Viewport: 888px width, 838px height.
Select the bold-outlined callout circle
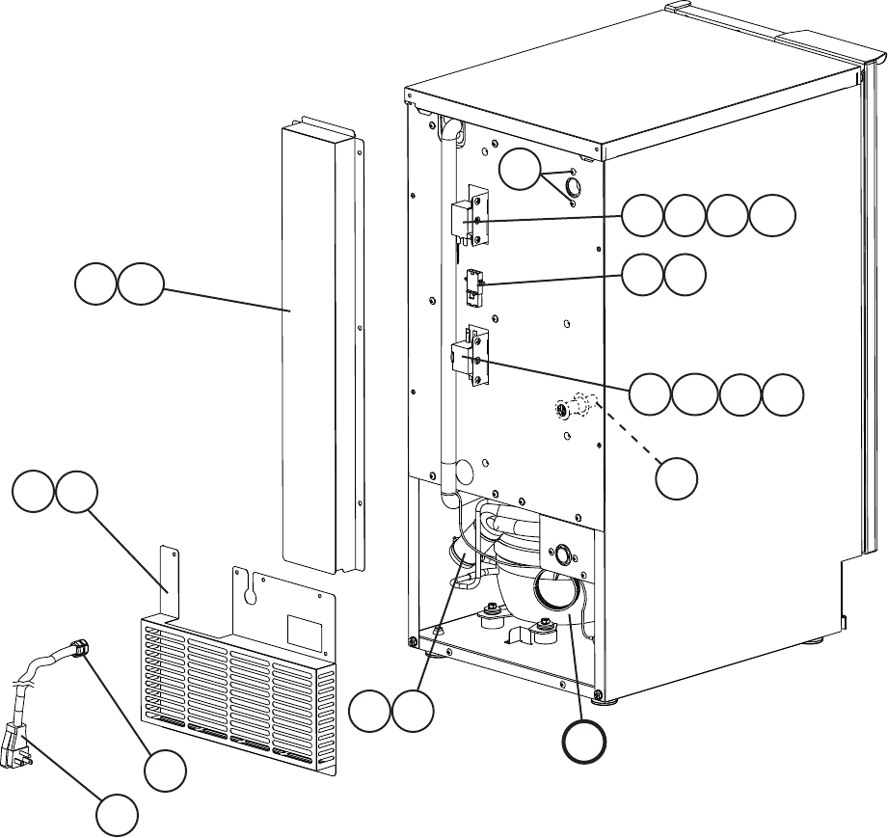click(585, 743)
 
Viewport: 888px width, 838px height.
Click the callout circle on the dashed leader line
click(678, 478)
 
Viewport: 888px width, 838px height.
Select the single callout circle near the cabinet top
click(521, 171)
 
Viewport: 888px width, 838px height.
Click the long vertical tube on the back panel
click(446, 309)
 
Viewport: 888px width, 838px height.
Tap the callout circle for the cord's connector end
click(165, 770)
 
